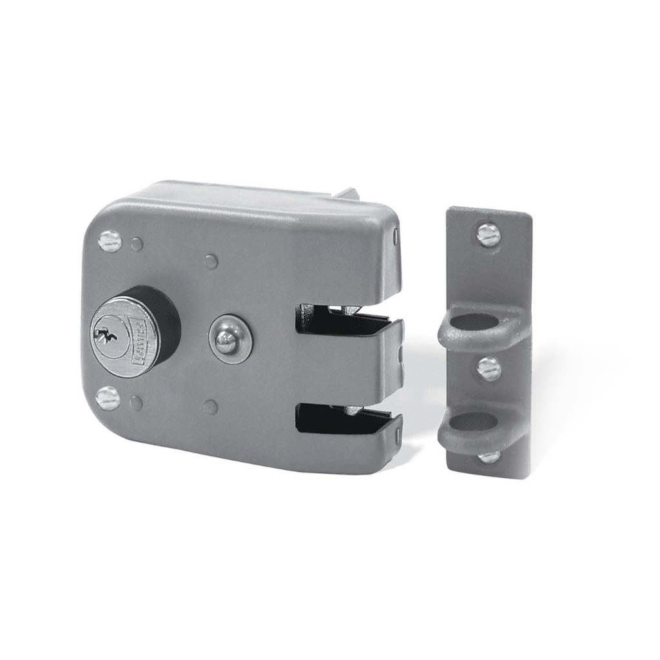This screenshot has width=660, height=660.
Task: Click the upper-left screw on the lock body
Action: (110, 241)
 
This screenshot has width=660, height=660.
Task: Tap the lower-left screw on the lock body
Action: (108, 398)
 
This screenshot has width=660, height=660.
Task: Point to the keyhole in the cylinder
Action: (104, 336)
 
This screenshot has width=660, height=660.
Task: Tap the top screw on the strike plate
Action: (489, 235)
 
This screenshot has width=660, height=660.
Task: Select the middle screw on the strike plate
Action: (489, 369)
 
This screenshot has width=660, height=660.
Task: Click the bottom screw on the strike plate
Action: (489, 456)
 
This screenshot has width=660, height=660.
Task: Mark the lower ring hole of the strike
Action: (475, 422)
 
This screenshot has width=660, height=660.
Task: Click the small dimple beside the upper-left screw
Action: (137, 244)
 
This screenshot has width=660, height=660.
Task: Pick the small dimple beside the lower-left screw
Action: (135, 403)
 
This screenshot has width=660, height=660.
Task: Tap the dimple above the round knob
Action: (211, 261)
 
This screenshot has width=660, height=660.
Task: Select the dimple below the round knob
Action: (209, 407)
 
